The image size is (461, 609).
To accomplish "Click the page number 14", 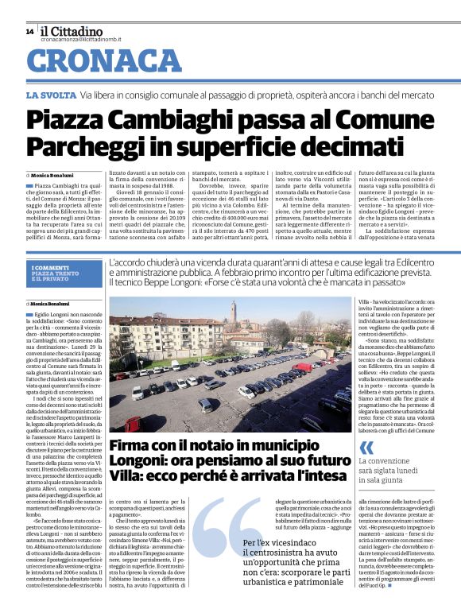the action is click(29, 32).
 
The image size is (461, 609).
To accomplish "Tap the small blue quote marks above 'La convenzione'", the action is click(366, 447).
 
